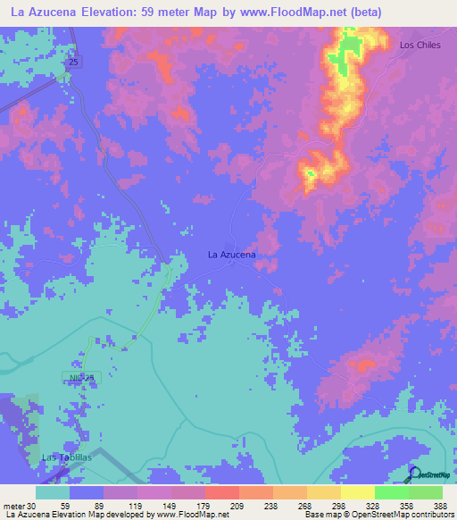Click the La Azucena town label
click(x=232, y=255)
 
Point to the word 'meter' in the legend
click(x=12, y=506)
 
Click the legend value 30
click(x=33, y=506)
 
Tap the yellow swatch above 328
click(x=357, y=492)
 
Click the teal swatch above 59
click(x=53, y=492)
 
